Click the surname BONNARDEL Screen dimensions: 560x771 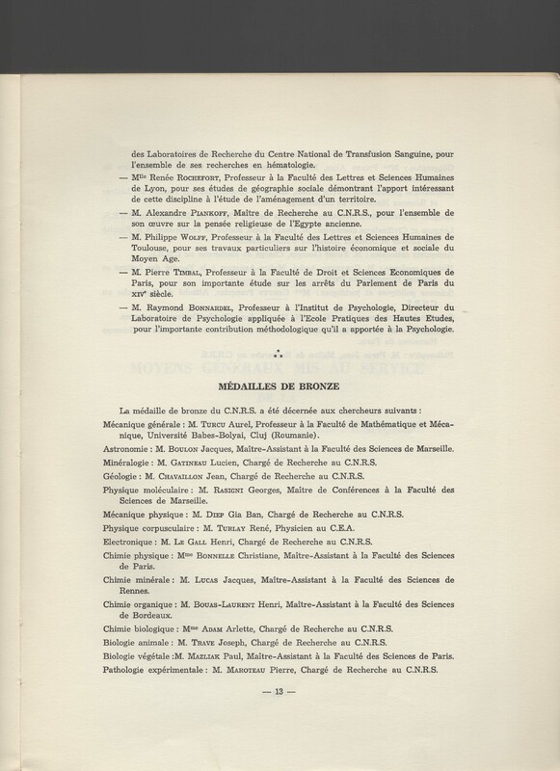[215, 333]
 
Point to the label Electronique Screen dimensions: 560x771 [133, 571]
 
